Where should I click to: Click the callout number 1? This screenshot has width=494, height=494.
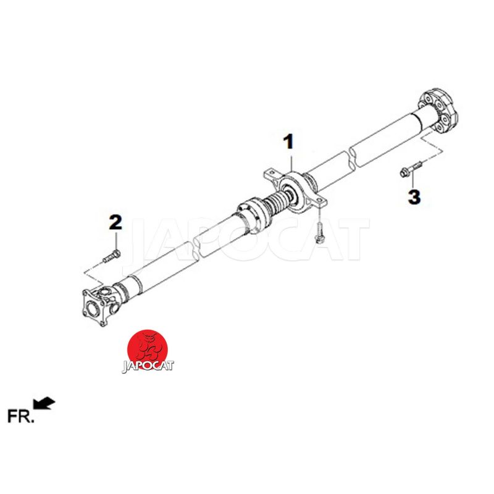click(x=289, y=142)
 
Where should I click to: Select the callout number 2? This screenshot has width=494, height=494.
click(x=115, y=222)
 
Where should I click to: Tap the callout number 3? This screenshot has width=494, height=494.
click(x=414, y=197)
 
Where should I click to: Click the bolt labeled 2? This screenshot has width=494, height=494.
click(x=112, y=256)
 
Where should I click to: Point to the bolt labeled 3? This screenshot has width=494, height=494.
click(x=411, y=169)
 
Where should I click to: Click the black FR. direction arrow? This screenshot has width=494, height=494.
click(x=44, y=403)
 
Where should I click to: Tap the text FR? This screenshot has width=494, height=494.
click(x=20, y=416)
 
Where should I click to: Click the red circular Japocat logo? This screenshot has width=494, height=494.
click(x=148, y=350)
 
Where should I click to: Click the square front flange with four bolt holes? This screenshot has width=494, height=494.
click(x=94, y=307)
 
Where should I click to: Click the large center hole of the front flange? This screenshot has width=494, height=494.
click(x=92, y=308)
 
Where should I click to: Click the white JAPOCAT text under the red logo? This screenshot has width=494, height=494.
click(x=148, y=366)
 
